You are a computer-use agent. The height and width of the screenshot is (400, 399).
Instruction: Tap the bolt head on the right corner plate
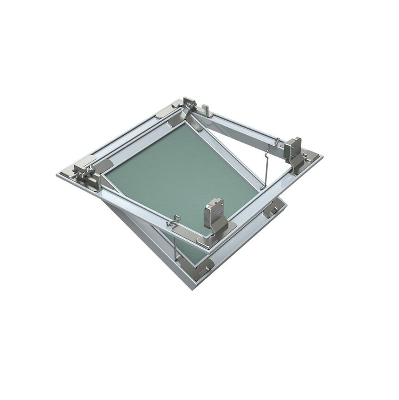[305, 155]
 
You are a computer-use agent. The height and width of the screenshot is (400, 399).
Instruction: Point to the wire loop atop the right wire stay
[277, 141]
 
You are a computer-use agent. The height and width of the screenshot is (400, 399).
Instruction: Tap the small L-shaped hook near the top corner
[207, 111]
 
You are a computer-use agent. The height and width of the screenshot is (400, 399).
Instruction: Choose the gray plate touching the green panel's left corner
[103, 165]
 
